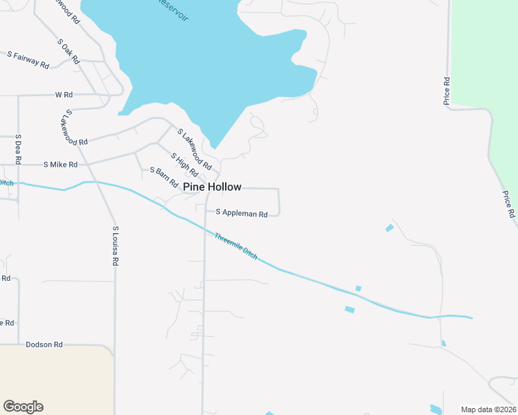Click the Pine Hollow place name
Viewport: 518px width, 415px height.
coord(212,187)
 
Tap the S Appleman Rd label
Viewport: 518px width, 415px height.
coord(242,214)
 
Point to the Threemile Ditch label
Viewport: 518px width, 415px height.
coord(236,246)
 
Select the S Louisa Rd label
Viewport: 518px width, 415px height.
coord(116,246)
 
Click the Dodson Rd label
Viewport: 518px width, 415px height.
coord(44,344)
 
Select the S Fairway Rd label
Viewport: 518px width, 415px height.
coord(28,59)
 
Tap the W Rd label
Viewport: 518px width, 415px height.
coord(64,94)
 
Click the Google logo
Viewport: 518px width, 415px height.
coord(23,407)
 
